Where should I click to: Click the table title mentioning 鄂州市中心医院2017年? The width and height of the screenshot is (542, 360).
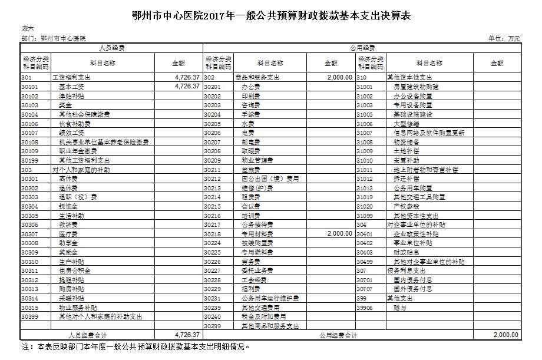coord(271,15)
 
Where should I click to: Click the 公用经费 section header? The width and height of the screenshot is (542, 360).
coord(362,47)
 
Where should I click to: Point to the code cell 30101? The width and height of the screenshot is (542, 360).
coord(29,86)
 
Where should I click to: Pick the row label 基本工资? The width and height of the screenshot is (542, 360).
coord(71,86)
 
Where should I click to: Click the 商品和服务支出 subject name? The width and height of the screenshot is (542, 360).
coord(257,77)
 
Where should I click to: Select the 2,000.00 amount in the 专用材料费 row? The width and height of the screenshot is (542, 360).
coord(340,233)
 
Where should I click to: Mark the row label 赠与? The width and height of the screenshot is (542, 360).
coord(400,307)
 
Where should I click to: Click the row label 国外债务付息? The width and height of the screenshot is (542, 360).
coord(413,289)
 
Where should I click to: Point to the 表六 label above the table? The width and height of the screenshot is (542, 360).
coord(28,28)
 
